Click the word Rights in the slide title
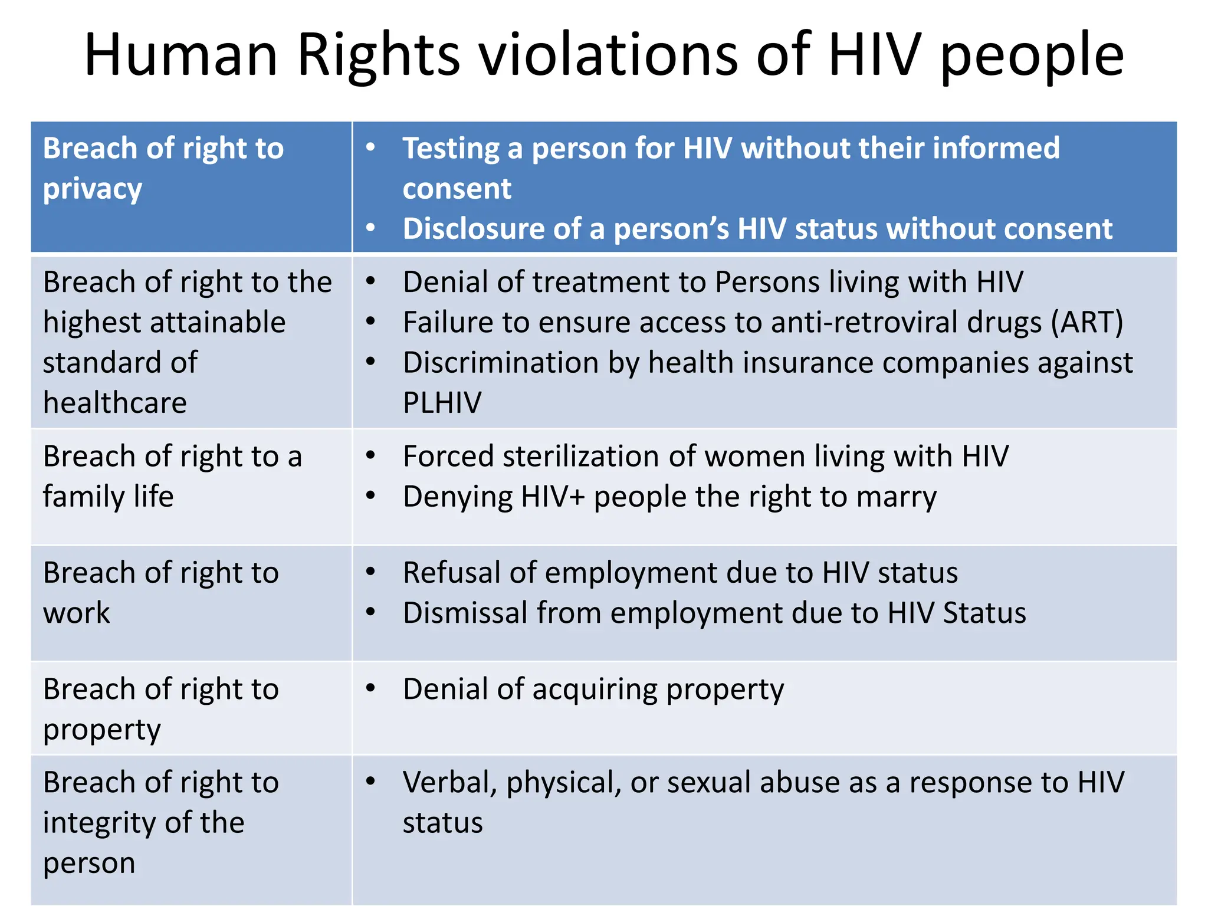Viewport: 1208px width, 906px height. pos(378,55)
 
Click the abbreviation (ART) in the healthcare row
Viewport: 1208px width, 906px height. pos(1087,323)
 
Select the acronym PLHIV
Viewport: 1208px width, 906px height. pos(442,403)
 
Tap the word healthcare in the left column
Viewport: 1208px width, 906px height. pos(115,403)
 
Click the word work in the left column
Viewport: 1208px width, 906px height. pos(77,613)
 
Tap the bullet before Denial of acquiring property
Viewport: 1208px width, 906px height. pos(370,688)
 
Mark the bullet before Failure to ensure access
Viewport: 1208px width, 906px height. pos(370,321)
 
